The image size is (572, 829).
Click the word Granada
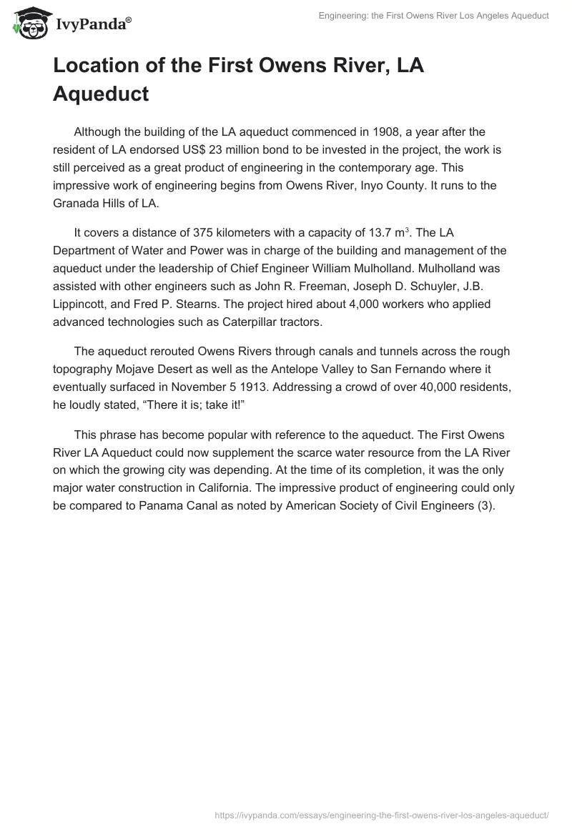[79, 203]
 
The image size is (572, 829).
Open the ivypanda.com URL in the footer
[381, 814]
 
